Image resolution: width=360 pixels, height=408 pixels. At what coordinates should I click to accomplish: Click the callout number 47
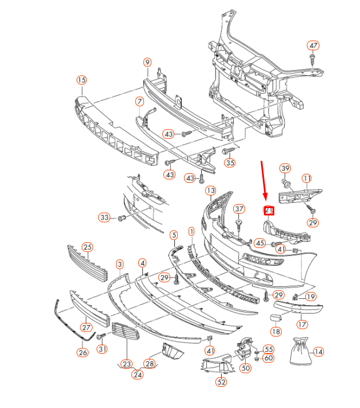[313, 46]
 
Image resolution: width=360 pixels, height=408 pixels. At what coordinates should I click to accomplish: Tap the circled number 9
[147, 62]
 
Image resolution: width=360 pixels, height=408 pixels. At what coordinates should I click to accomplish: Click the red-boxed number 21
[269, 210]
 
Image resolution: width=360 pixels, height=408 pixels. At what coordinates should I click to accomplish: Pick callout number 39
[285, 168]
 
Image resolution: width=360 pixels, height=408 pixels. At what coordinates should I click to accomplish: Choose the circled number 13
[210, 190]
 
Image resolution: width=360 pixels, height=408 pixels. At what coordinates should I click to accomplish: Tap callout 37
[239, 209]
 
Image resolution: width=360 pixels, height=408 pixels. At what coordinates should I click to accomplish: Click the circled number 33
[104, 218]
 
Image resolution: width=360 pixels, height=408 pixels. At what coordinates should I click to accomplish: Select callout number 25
[87, 247]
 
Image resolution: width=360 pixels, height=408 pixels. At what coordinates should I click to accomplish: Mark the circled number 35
[230, 163]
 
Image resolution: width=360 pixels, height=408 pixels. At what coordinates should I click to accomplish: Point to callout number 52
[221, 382]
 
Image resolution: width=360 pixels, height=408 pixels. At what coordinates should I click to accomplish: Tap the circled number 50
[246, 369]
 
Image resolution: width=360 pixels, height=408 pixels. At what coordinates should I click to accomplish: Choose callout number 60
[269, 358]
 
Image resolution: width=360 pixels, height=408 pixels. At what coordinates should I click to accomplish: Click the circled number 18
[276, 331]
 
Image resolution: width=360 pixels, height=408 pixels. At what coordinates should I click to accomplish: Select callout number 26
[83, 353]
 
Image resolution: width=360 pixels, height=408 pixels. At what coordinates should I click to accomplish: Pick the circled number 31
[102, 349]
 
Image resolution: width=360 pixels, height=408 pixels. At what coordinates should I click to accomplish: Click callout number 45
[259, 242]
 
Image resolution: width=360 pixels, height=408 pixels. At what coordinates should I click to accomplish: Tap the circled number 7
[139, 102]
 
